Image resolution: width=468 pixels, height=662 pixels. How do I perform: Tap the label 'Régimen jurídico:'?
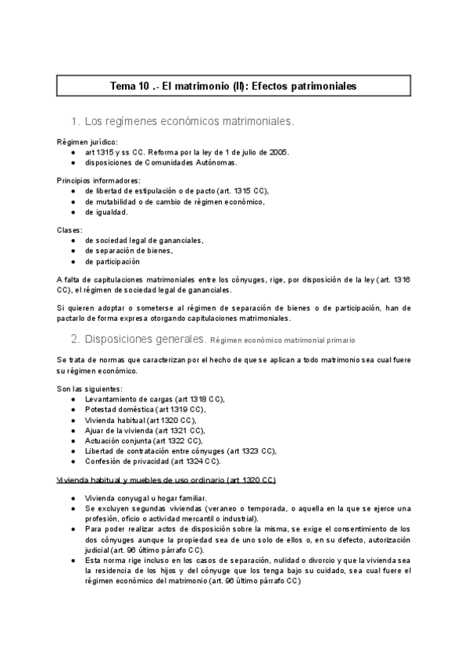tap(88, 142)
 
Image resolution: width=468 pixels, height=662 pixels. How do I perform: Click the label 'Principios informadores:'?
tap(98, 180)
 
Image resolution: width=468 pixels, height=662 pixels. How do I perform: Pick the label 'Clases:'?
tap(70, 230)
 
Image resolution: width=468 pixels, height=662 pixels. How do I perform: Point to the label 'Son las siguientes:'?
tap(89, 389)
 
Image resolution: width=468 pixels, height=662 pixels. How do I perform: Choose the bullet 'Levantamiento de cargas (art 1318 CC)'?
tap(155, 399)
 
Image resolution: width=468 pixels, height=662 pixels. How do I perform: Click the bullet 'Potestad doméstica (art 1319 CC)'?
tap(145, 409)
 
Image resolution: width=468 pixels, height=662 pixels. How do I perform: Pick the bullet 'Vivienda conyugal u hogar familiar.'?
tap(145, 497)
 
